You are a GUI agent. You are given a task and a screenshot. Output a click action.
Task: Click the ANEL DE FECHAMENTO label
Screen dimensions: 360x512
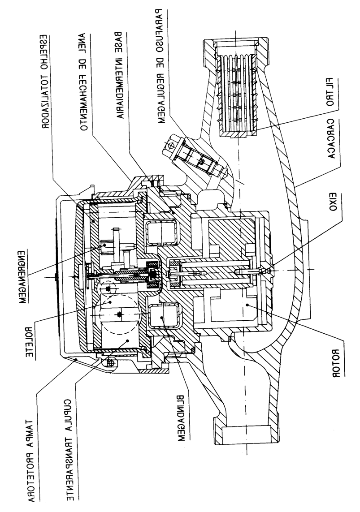coord(83,82)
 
